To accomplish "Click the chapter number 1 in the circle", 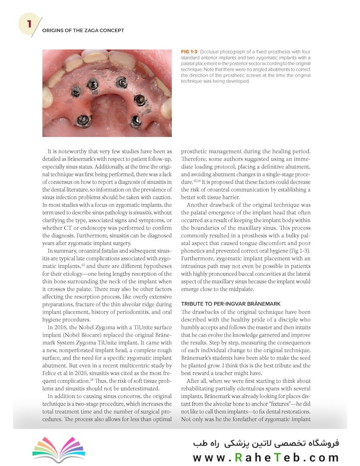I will point(29,24).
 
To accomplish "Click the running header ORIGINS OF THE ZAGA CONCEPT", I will point(83,31).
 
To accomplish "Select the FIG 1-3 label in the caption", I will point(189,52).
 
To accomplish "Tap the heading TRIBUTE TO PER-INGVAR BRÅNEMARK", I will point(231,304).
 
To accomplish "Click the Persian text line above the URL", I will point(266,443).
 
